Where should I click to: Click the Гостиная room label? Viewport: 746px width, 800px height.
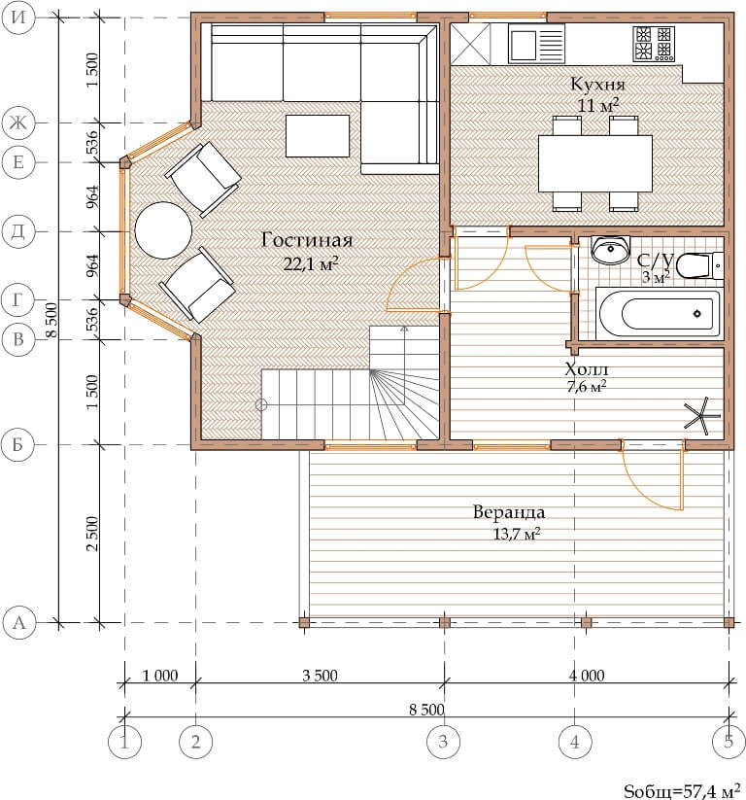pyautogui.click(x=307, y=240)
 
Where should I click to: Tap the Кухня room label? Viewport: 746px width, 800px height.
pyautogui.click(x=597, y=84)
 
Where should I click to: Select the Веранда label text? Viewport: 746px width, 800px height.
pyautogui.click(x=509, y=511)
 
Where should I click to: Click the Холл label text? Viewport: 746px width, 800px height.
pyautogui.click(x=587, y=368)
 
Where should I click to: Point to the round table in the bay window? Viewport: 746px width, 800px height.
pyautogui.click(x=163, y=230)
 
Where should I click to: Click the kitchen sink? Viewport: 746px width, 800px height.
pyautogui.click(x=536, y=44)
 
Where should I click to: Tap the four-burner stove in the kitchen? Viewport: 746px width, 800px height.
pyautogui.click(x=654, y=44)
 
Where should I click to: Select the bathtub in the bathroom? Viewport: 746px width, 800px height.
pyautogui.click(x=659, y=313)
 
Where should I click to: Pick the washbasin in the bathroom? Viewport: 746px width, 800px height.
pyautogui.click(x=610, y=250)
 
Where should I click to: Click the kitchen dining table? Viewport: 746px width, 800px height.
pyautogui.click(x=595, y=163)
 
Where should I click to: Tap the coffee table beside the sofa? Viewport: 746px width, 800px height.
pyautogui.click(x=318, y=136)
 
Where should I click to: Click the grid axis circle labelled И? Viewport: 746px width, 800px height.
pyautogui.click(x=18, y=17)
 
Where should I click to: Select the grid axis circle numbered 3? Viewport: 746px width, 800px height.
pyautogui.click(x=443, y=742)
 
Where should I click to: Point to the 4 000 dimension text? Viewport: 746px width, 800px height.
pyautogui.click(x=587, y=676)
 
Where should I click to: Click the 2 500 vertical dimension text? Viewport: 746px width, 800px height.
pyautogui.click(x=92, y=534)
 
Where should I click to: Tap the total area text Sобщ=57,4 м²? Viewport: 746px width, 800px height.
pyautogui.click(x=682, y=790)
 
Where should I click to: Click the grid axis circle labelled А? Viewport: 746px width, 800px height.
pyautogui.click(x=18, y=623)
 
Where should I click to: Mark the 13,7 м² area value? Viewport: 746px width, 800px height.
pyautogui.click(x=517, y=535)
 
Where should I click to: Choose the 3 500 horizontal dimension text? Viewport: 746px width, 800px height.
pyautogui.click(x=320, y=676)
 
